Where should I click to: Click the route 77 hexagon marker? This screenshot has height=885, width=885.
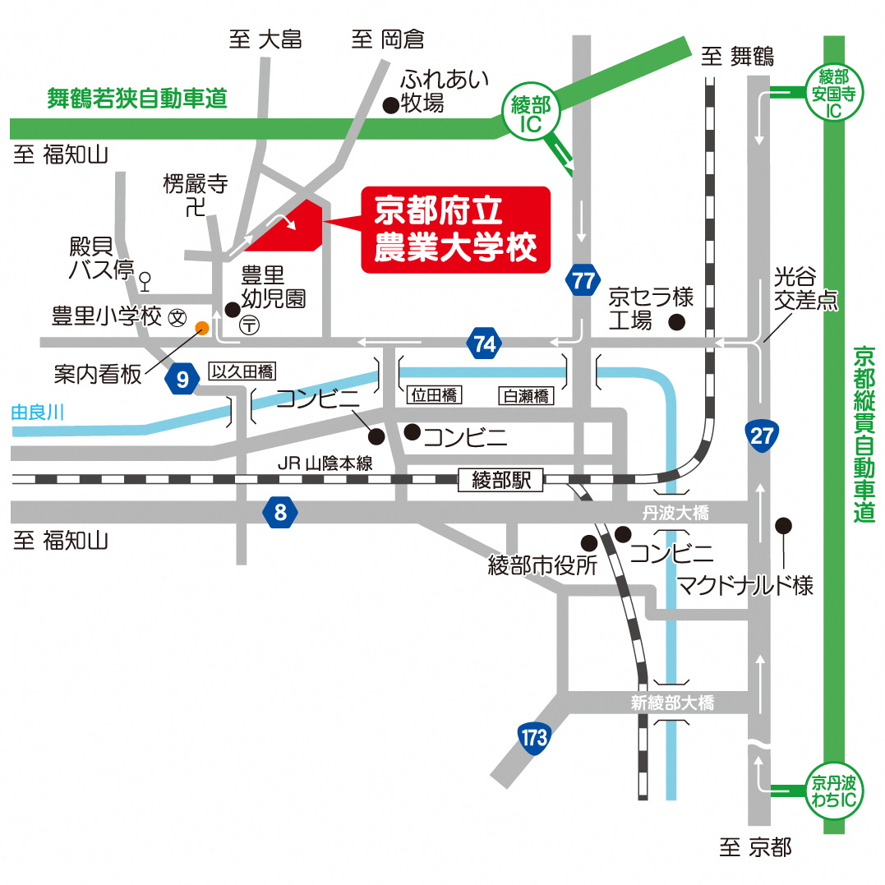[x=583, y=280]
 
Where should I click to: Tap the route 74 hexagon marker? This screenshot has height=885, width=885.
[x=485, y=343]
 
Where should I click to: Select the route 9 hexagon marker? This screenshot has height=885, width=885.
[x=182, y=379]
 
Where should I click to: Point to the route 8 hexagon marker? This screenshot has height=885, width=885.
[x=280, y=512]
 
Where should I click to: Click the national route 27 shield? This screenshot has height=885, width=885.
[x=762, y=436]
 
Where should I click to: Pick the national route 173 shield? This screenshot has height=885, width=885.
[x=533, y=738]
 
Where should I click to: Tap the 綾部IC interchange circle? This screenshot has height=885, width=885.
[x=531, y=113]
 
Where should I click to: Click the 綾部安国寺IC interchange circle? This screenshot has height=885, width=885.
[x=833, y=93]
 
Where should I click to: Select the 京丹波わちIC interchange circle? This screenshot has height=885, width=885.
[x=833, y=791]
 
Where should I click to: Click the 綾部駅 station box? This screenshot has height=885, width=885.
[x=500, y=481]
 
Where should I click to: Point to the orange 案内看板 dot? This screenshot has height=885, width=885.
[x=201, y=328]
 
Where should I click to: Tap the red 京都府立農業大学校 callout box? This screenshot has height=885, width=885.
[x=455, y=230]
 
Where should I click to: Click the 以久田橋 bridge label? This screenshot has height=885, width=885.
[x=242, y=371]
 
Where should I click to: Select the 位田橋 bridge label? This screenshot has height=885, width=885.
[x=434, y=395]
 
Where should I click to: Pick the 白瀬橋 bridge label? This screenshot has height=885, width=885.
[x=525, y=395]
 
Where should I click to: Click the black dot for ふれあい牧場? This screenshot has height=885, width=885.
[x=390, y=105]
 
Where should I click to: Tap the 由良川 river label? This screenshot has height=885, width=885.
[x=37, y=412]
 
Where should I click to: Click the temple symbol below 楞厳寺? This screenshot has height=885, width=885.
[x=196, y=207]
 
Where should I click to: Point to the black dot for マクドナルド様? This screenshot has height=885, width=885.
[x=783, y=525]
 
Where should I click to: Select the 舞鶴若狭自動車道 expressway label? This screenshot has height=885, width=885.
[x=137, y=99]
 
